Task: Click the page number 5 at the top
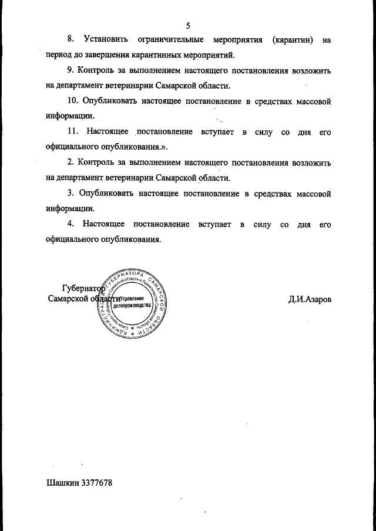coord(188,25)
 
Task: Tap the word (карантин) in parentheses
coord(292,40)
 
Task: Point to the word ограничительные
coord(170,40)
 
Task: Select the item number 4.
coord(70,224)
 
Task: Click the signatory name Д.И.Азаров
coord(309,299)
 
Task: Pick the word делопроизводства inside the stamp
coord(135,306)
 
